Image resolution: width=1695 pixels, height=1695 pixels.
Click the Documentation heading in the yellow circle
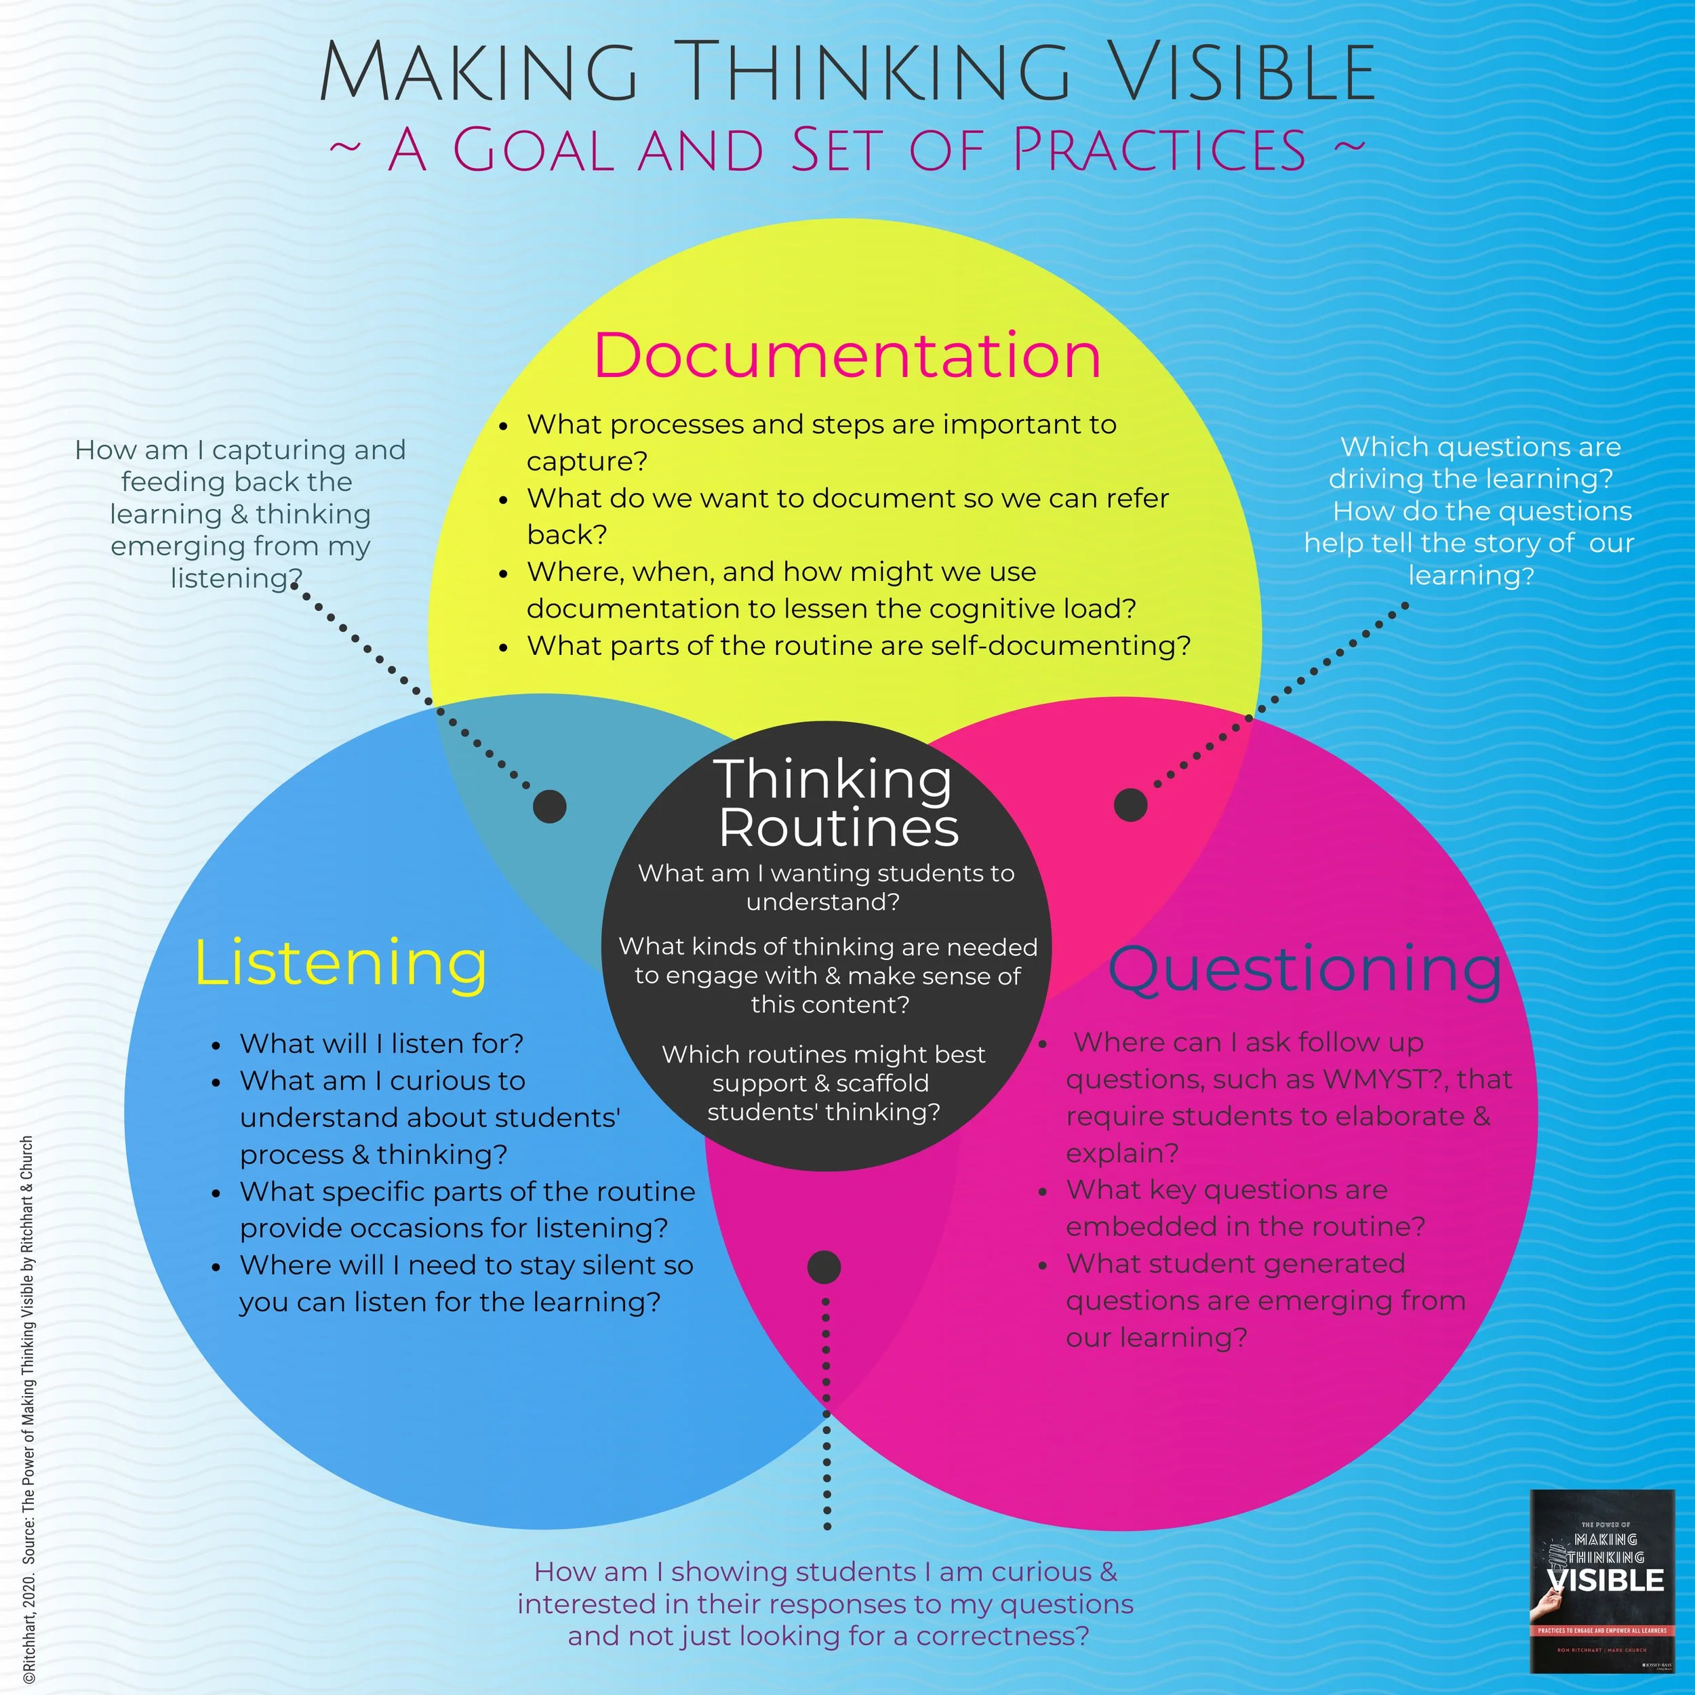pos(847,355)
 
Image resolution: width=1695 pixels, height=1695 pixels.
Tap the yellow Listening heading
pos(340,963)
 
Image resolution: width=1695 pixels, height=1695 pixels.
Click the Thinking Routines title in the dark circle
pos(835,803)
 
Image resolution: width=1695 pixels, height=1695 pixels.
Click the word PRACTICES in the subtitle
pos(1159,149)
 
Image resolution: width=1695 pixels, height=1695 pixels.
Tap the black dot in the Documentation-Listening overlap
pos(550,805)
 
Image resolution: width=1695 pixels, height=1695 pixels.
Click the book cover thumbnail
pos(1601,1581)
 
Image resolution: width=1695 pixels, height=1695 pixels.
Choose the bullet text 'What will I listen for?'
pos(382,1043)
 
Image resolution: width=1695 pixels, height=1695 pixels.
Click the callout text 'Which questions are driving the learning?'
pos(1474,462)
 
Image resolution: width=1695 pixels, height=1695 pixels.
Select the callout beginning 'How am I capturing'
pos(241,513)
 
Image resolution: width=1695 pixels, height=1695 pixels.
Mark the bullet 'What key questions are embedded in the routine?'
pos(1244,1208)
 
